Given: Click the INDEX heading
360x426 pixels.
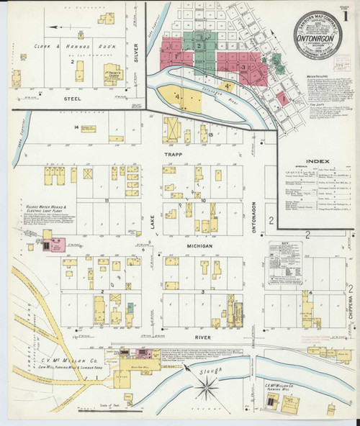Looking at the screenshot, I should [x=318, y=160].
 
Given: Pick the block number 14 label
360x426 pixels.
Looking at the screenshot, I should [x=75, y=127].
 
